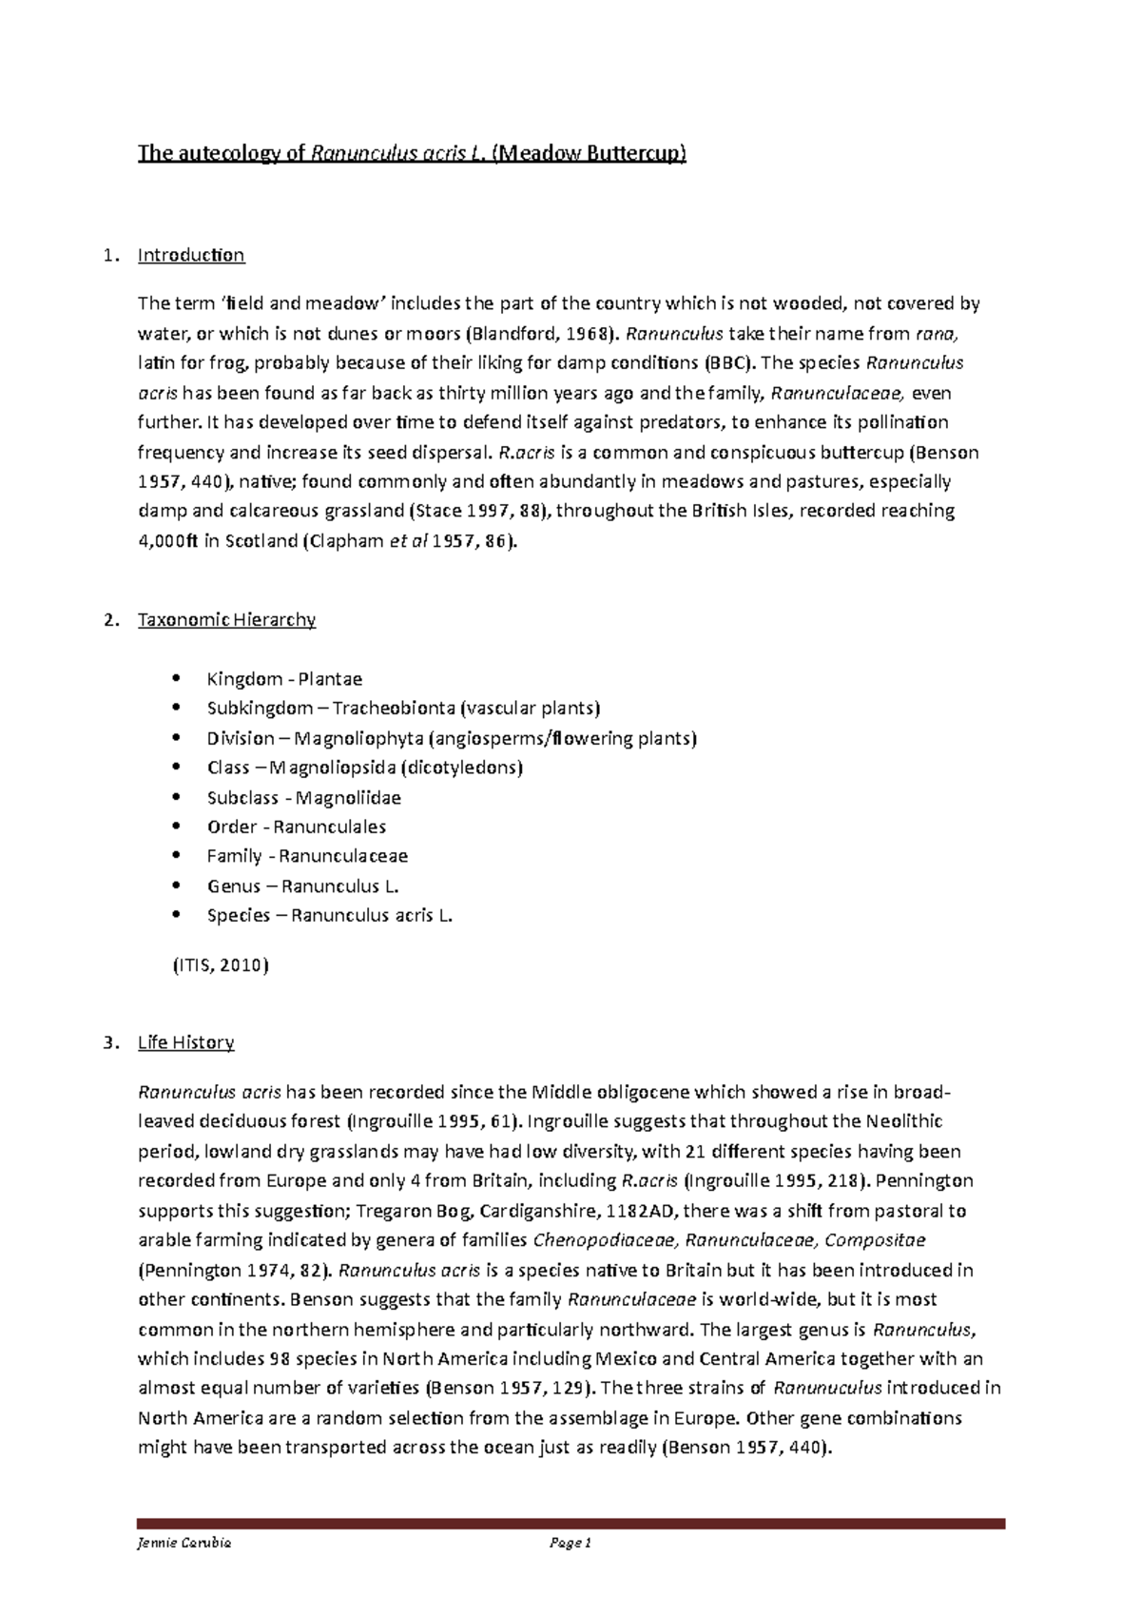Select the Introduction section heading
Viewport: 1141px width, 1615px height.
(191, 255)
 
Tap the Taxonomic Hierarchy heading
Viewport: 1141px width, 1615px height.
(226, 620)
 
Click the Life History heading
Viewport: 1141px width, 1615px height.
(185, 1042)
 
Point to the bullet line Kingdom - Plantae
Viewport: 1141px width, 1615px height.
(284, 679)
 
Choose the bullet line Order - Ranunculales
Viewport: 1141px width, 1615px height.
(296, 827)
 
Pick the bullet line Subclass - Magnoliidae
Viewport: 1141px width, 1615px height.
(303, 797)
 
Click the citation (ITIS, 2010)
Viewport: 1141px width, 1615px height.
(221, 965)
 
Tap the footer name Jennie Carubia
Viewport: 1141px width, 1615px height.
(184, 1544)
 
